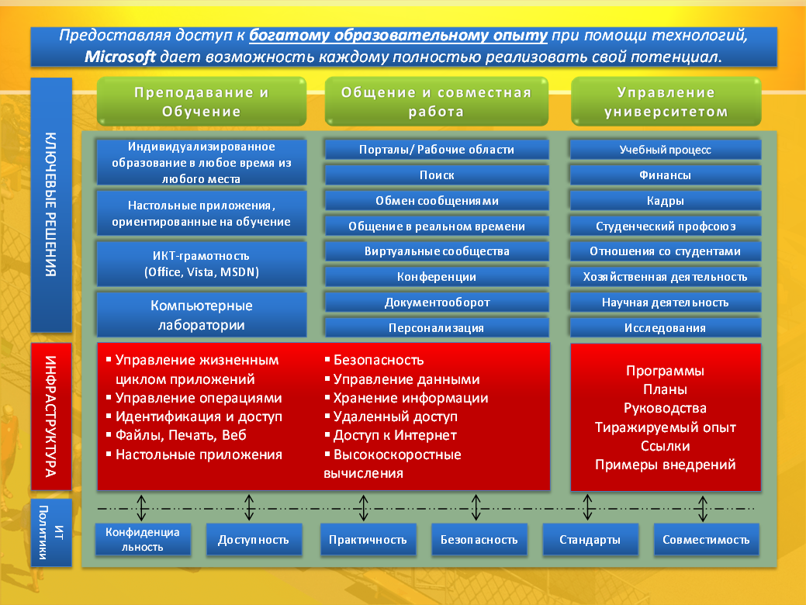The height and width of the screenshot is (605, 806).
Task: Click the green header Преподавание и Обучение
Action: [202, 102]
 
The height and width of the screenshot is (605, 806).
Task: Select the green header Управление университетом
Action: [666, 102]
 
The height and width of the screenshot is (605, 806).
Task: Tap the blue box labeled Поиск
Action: [437, 175]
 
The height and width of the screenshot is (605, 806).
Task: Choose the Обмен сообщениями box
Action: [437, 200]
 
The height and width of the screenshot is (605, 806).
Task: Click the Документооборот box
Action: [437, 302]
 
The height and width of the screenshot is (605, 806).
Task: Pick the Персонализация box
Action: [437, 327]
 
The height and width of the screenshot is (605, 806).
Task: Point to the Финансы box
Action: [665, 175]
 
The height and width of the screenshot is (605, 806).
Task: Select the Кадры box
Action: [665, 200]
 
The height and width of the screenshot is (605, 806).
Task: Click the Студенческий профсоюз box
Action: [665, 226]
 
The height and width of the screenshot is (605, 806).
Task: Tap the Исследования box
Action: [665, 327]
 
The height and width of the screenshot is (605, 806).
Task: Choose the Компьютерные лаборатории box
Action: [202, 315]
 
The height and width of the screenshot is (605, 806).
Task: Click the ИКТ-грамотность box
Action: [202, 264]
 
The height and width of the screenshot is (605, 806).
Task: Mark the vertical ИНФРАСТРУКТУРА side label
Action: [51, 417]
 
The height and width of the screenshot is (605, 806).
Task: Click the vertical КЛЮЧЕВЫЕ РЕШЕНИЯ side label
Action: [51, 205]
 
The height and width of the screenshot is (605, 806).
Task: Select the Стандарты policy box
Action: [590, 540]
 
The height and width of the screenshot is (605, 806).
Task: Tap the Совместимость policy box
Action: [706, 540]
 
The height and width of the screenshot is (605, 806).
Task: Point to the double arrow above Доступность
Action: [249, 508]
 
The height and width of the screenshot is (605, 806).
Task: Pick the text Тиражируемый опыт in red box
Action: [665, 427]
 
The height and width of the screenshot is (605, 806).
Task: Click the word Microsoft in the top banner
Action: [119, 57]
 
